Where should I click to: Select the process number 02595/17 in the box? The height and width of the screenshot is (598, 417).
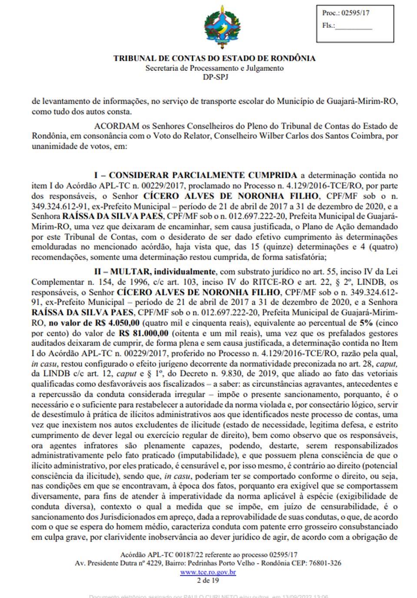[355, 13]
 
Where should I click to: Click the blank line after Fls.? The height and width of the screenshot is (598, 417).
[354, 26]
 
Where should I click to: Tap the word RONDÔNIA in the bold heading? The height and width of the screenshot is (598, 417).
[292, 58]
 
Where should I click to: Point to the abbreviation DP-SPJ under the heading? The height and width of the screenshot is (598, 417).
[215, 77]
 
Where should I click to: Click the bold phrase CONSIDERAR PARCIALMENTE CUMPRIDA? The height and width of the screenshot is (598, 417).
[203, 176]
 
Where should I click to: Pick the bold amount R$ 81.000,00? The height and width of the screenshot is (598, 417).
[143, 333]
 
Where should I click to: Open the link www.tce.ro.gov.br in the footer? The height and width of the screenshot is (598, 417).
[208, 572]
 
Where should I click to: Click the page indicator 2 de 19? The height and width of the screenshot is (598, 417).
[208, 580]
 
